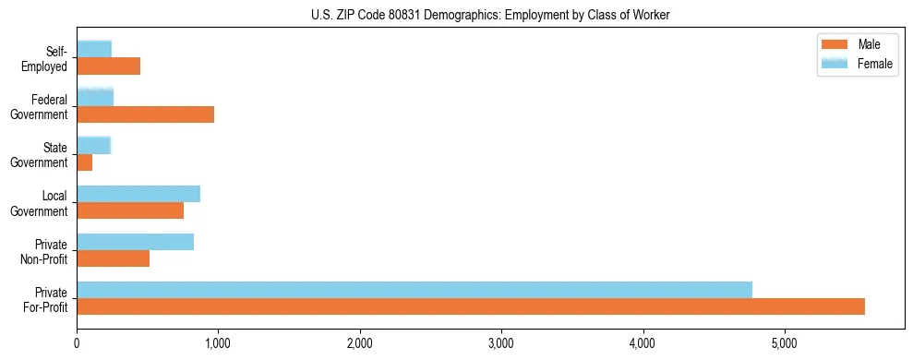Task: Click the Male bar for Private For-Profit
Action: [x=471, y=306]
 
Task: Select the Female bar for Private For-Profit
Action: [x=414, y=290]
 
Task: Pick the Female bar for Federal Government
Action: [x=95, y=97]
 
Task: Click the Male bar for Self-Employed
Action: [x=108, y=66]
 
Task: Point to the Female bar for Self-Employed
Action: [x=94, y=49]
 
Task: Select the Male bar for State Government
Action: [x=85, y=162]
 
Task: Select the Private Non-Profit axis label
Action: [x=46, y=250]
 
